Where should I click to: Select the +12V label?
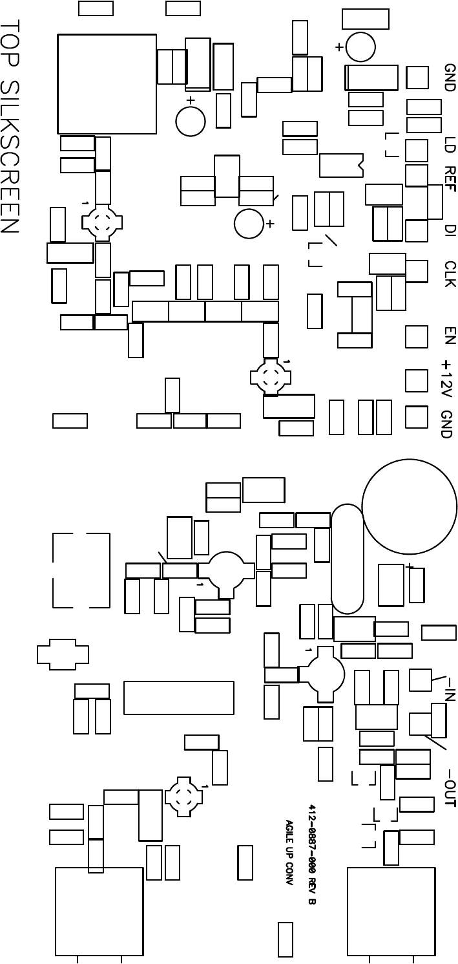click(x=447, y=378)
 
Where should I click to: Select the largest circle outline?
click(x=409, y=507)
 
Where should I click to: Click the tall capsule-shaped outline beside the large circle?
click(x=348, y=559)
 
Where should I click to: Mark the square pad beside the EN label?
click(x=417, y=336)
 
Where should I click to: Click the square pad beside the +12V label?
click(x=417, y=381)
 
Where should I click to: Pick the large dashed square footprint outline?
click(x=81, y=570)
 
